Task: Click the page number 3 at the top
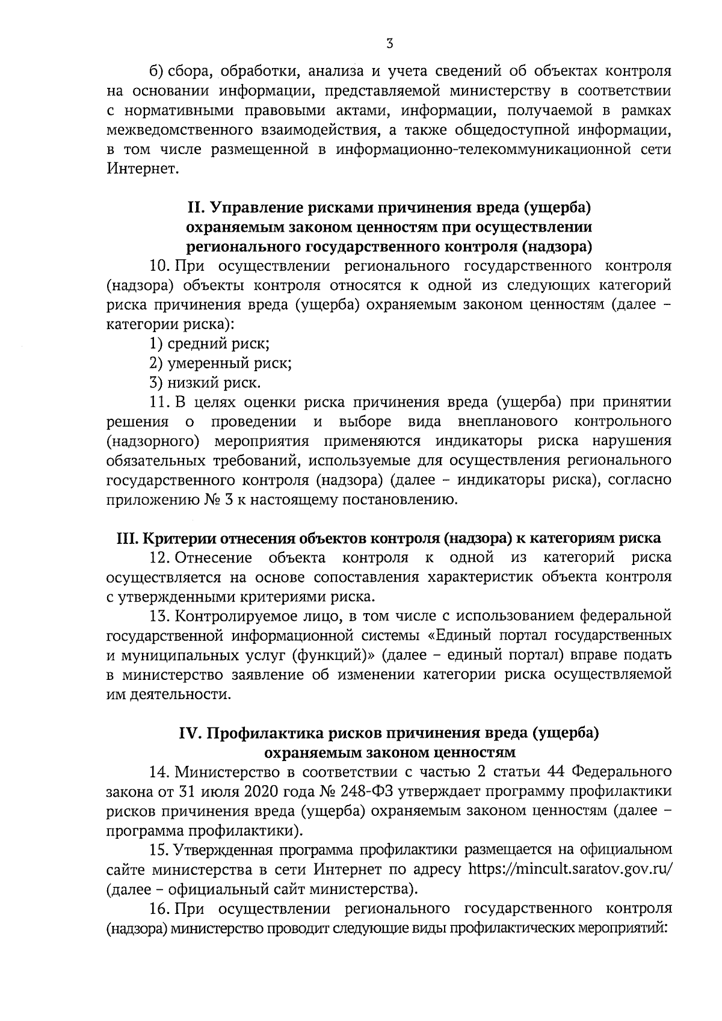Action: [x=389, y=43]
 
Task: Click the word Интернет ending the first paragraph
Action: [x=143, y=169]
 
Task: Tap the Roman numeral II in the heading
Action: [x=198, y=208]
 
